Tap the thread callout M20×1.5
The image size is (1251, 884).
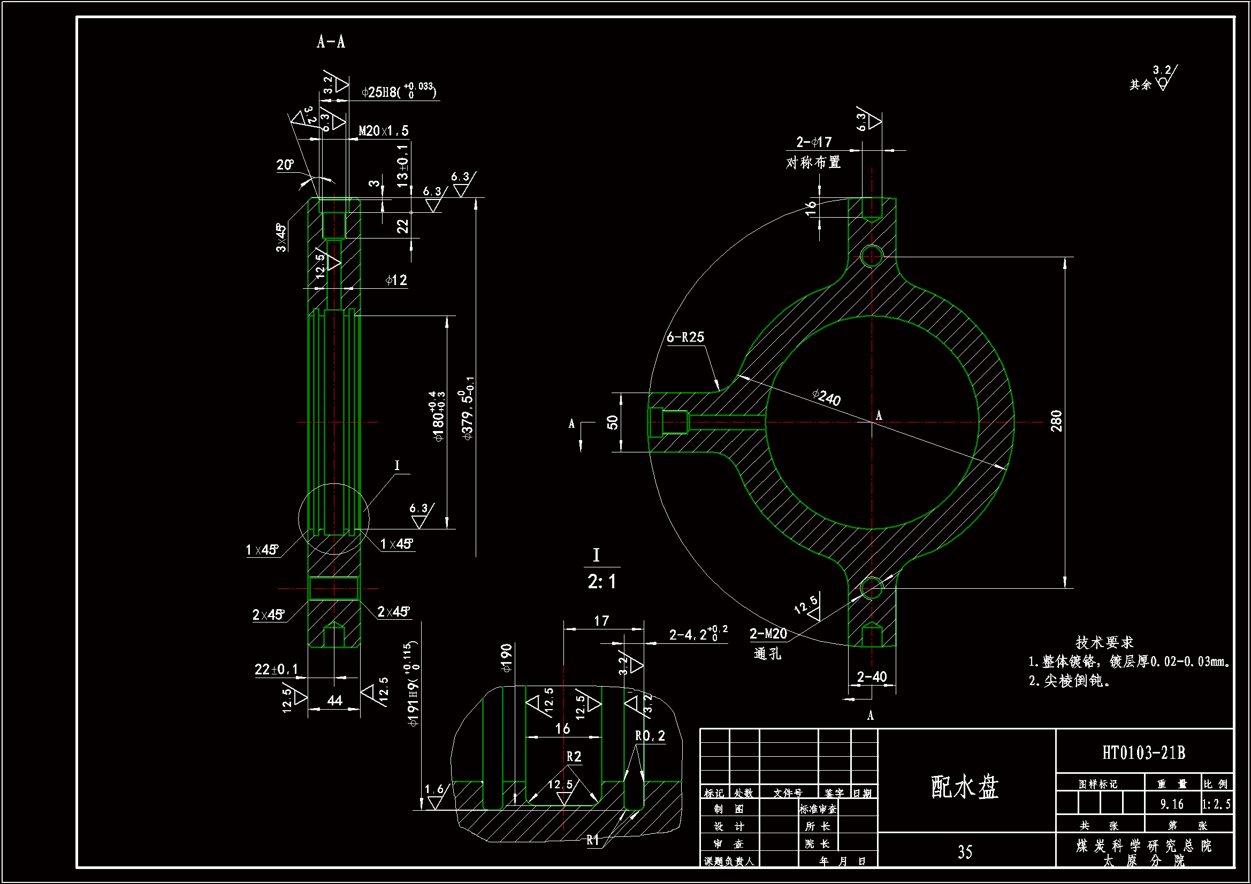coord(384,131)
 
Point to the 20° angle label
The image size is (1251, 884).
coord(285,165)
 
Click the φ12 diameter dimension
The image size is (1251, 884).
coord(396,281)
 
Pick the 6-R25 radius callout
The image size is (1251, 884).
coord(685,337)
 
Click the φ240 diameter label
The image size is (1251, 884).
coord(827,397)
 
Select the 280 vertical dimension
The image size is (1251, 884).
coord(1056,421)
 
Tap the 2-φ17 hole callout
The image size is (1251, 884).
coord(814,143)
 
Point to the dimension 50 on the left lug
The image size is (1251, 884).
coord(613,422)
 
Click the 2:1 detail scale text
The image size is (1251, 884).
coord(601,582)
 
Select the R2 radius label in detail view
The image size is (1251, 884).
coord(574,757)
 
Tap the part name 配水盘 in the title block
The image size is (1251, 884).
coord(964,787)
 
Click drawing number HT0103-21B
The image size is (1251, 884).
coord(1143,754)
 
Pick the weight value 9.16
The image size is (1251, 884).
coord(1171,804)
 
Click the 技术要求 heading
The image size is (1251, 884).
coord(1104,643)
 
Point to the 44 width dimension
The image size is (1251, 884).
coord(334,701)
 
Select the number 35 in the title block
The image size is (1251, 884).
coord(965,852)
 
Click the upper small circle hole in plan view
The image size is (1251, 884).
coord(872,256)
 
